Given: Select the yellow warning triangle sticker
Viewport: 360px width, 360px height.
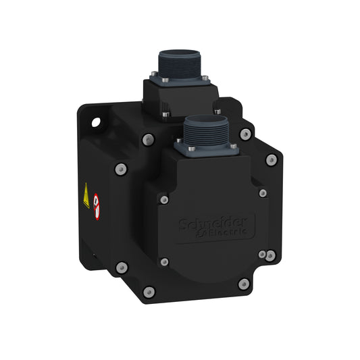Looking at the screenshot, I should pos(86,197).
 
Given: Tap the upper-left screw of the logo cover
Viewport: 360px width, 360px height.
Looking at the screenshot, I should pos(163,199).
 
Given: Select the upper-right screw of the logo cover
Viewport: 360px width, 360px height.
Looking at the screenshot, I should pos(263,193).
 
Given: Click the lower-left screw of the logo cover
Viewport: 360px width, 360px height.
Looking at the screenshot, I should pos(163,261).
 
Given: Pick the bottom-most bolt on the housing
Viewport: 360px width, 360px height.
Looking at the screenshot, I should pos(149,292).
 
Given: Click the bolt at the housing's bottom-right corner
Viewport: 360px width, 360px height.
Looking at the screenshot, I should pos(244,284).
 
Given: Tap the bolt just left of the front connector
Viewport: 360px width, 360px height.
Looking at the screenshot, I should pos(149,140).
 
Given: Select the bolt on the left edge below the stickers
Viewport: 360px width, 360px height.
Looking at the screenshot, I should pos(122,267).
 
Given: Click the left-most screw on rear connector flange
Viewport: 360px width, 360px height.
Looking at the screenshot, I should pos(155,74).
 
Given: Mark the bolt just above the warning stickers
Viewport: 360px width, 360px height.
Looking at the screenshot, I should pos(122,168).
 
